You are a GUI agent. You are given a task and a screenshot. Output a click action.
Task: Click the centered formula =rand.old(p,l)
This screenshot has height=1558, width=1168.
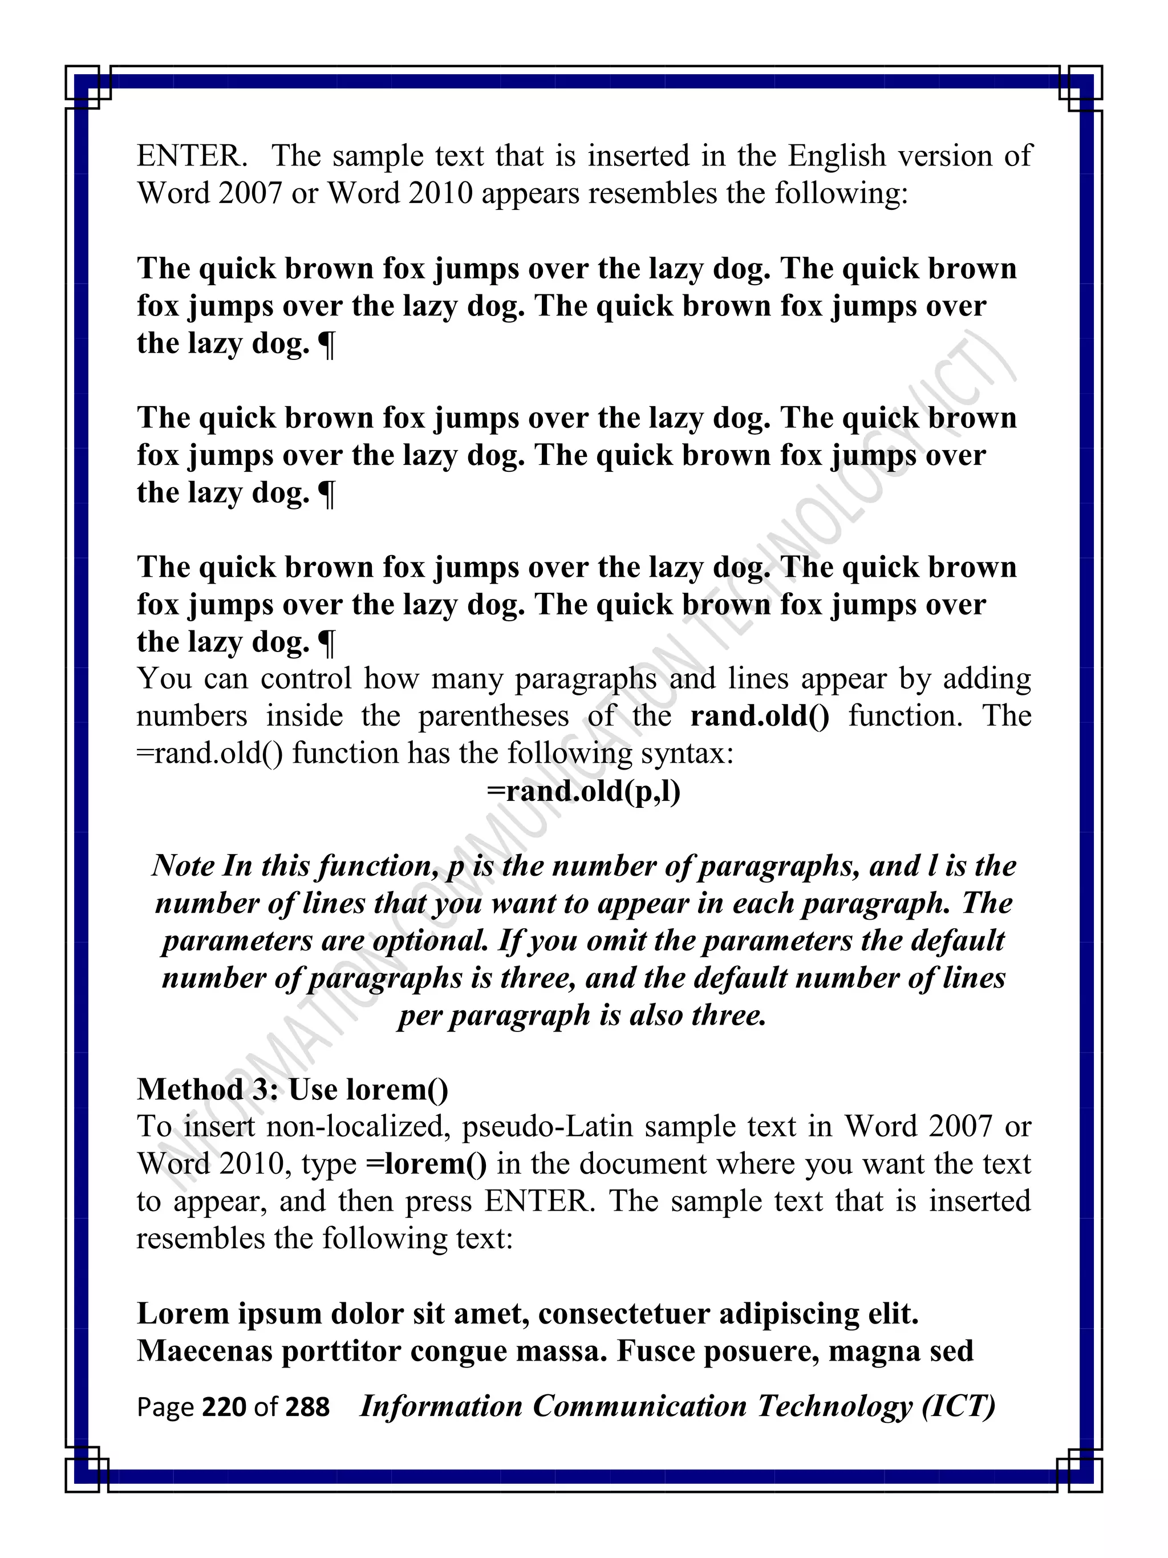[583, 792]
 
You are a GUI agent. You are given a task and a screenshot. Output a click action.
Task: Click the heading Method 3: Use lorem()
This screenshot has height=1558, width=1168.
[292, 1090]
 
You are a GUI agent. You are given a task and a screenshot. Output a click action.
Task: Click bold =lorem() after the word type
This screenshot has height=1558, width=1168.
[426, 1164]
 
